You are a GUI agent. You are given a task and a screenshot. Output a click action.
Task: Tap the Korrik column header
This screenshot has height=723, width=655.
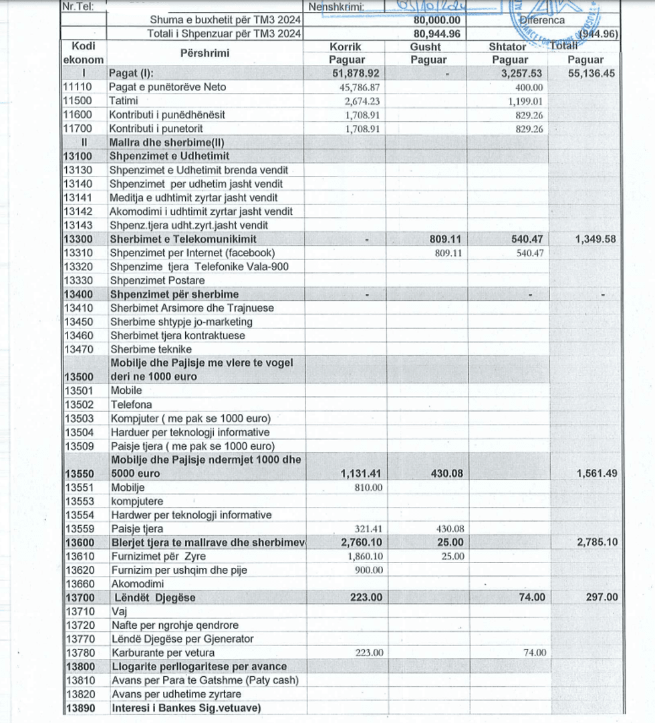(x=345, y=47)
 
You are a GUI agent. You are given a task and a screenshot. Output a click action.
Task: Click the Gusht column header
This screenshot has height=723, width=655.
(x=426, y=47)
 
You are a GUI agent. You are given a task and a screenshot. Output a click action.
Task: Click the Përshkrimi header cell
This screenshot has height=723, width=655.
(x=205, y=53)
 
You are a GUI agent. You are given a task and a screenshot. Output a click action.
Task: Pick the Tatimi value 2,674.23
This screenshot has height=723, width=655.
(x=362, y=101)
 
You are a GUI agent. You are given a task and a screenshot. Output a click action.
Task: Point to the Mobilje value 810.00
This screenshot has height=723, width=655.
(x=368, y=488)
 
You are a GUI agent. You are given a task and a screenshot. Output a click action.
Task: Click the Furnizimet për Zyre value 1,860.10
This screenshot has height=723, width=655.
(x=365, y=556)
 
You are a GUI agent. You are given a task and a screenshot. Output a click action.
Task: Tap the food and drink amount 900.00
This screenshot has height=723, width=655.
(x=368, y=570)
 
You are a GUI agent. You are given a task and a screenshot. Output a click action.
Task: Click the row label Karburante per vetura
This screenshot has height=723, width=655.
(x=163, y=653)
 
